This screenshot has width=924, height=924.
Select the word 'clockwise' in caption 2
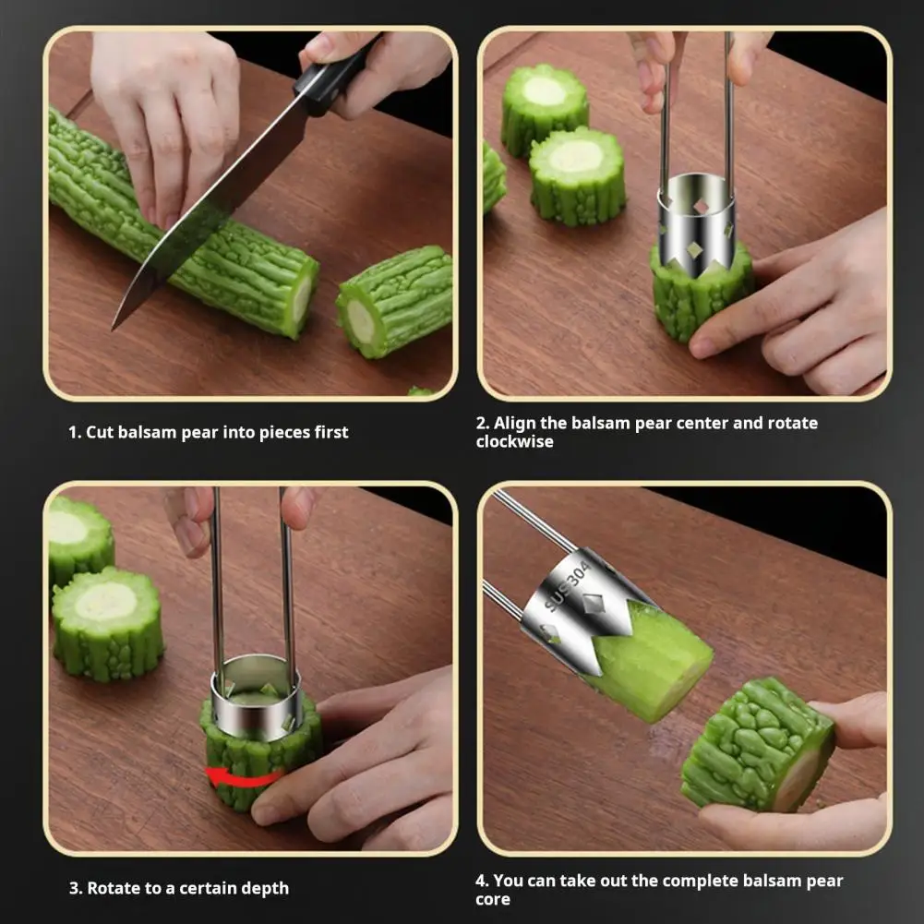514,441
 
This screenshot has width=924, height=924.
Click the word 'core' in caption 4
493,899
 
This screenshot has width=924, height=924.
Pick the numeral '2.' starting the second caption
482,423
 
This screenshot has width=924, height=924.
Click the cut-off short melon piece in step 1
395,300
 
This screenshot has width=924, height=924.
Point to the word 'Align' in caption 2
512,423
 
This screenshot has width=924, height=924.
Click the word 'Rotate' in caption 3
113,888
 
